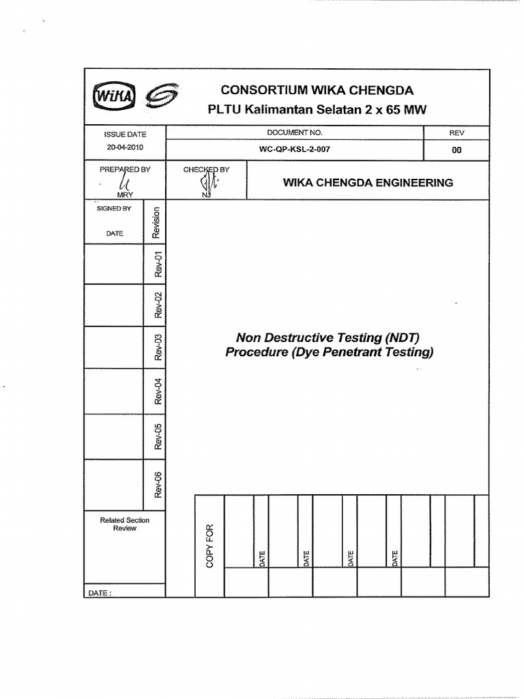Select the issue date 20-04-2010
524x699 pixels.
point(125,147)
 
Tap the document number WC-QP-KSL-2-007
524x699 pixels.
point(295,149)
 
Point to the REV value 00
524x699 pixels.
point(456,150)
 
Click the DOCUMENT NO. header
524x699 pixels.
point(295,132)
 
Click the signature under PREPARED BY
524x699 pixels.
point(124,182)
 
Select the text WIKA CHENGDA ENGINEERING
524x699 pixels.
point(368,182)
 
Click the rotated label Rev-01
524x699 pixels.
point(158,264)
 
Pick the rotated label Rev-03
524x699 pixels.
point(158,347)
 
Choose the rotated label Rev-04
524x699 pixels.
point(158,390)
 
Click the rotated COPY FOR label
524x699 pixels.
point(209,544)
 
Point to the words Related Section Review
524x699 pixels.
point(124,524)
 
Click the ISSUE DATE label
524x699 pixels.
point(125,134)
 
